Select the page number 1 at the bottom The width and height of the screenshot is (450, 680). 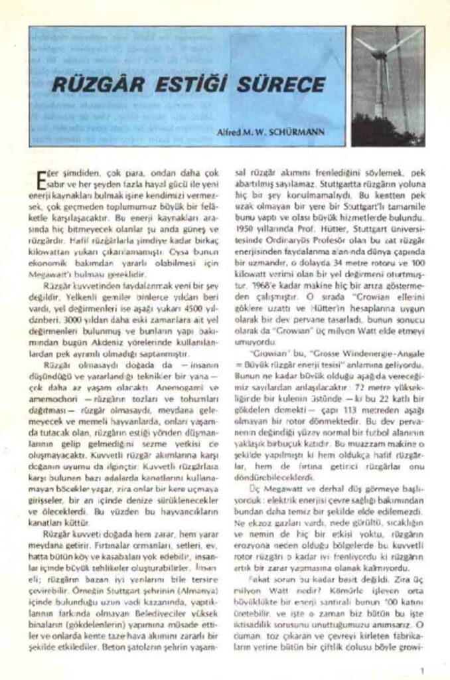pyautogui.click(x=422, y=669)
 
